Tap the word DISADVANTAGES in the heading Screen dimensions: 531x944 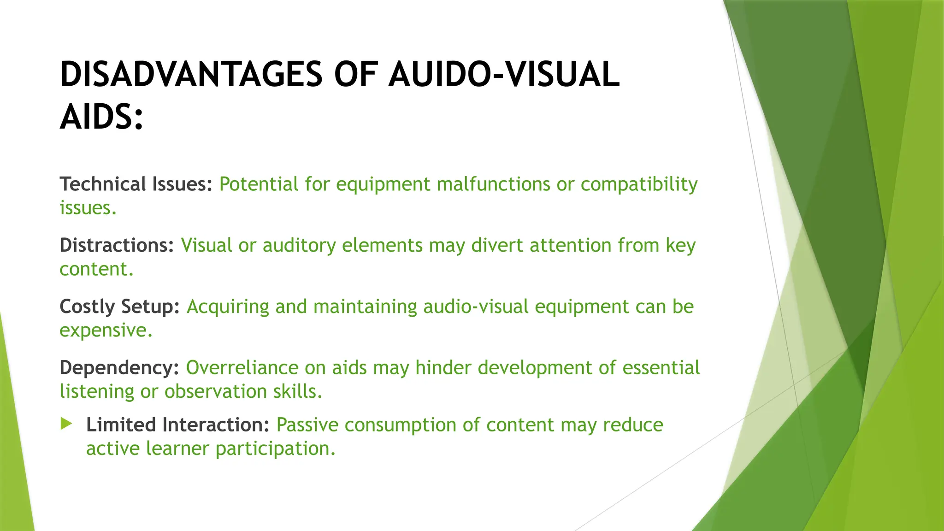pos(191,75)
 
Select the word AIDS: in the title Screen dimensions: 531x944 pos(102,117)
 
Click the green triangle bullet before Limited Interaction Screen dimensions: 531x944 pos(66,424)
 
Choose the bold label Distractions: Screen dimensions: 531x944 pos(117,245)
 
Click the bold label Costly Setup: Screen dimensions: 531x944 pos(119,307)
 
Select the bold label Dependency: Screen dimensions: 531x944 pos(119,368)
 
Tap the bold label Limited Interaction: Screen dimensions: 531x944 pos(177,425)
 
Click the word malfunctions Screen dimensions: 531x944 pos(493,184)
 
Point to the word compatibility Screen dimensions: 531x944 pos(639,184)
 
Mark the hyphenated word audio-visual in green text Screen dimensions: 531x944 pos(475,307)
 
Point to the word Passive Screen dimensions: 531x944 pos(307,425)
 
